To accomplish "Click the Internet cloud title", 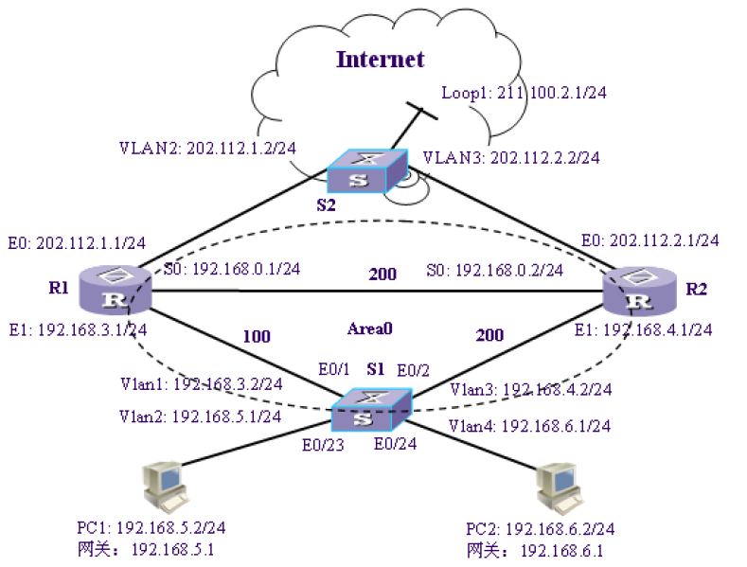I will [x=381, y=60].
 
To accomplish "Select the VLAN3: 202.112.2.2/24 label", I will [x=511, y=157].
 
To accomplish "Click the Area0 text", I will [x=370, y=328].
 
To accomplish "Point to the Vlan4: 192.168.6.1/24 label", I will [x=529, y=426].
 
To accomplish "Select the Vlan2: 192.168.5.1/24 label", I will [x=200, y=416].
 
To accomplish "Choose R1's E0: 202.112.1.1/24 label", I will [x=77, y=242].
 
